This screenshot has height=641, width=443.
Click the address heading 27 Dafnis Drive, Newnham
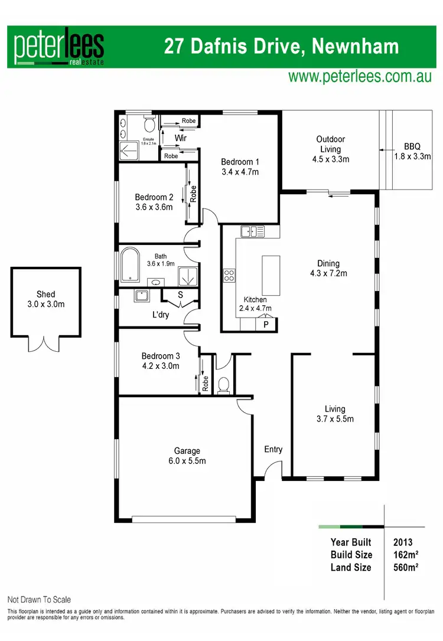point(282,46)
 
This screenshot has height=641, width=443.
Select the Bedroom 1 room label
point(240,162)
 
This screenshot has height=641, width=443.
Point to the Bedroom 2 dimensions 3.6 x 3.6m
point(154,207)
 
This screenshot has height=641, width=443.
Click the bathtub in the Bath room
point(129,264)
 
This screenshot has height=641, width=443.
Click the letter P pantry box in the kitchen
point(265,324)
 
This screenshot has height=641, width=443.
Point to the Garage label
point(186,450)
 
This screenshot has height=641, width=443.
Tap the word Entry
point(273,449)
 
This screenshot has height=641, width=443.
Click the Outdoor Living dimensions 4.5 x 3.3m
point(330,159)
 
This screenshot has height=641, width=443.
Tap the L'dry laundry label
point(161,315)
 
